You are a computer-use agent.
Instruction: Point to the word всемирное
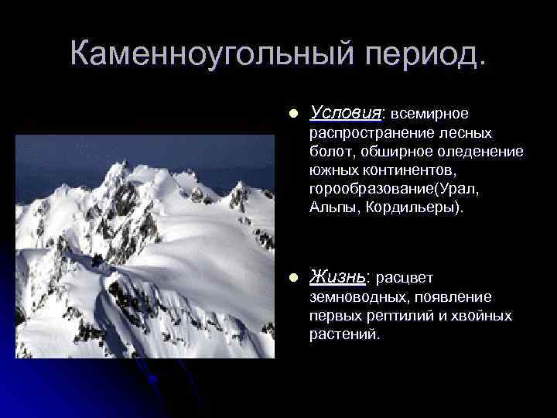[x=429, y=114]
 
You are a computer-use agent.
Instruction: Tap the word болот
[x=327, y=151]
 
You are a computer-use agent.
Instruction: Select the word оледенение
[x=486, y=151]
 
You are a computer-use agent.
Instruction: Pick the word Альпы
[x=329, y=207]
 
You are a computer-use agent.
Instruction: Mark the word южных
[x=331, y=169]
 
